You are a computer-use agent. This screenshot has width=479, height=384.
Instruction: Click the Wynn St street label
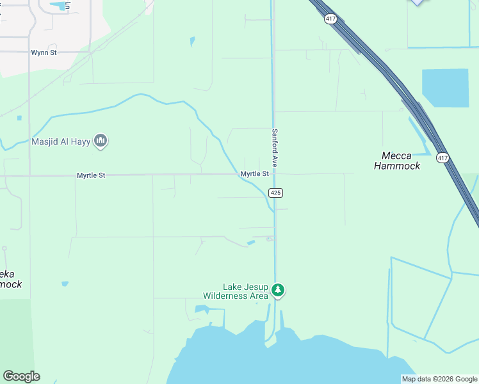point(44,52)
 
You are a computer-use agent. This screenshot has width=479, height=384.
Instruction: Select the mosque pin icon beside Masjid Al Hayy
point(100,141)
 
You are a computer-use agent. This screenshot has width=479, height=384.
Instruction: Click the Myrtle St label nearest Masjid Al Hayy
point(91,175)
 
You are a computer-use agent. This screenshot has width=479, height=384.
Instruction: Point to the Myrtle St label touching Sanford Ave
point(254,174)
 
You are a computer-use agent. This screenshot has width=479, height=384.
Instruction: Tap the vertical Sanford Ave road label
point(275,148)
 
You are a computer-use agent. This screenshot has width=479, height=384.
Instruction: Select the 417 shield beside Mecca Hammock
point(442,157)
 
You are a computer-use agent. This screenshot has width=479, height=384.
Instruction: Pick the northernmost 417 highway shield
point(330,19)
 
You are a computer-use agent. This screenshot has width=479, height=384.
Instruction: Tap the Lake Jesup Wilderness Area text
point(235,291)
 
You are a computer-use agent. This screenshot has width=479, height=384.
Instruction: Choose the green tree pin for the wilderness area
point(278,291)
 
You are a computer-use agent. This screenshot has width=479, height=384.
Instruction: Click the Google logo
point(21,376)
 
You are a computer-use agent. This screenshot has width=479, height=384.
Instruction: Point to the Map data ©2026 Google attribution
point(439,379)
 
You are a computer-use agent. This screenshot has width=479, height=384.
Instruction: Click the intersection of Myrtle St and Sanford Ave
point(275,173)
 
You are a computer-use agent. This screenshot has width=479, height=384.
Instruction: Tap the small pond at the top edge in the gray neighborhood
point(61,6)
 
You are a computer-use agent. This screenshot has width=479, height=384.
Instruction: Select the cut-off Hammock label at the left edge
point(11,279)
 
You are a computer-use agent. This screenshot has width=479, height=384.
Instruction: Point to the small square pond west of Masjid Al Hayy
point(20,118)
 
